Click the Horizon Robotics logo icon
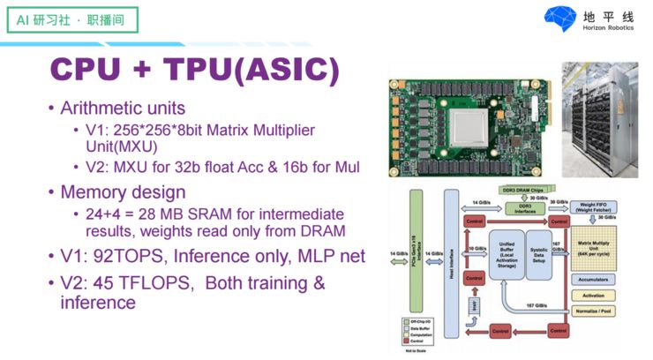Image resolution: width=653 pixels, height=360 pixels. point(560,19)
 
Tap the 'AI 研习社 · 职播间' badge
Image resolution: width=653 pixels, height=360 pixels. point(63,19)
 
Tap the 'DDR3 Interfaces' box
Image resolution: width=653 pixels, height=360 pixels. point(524,209)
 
